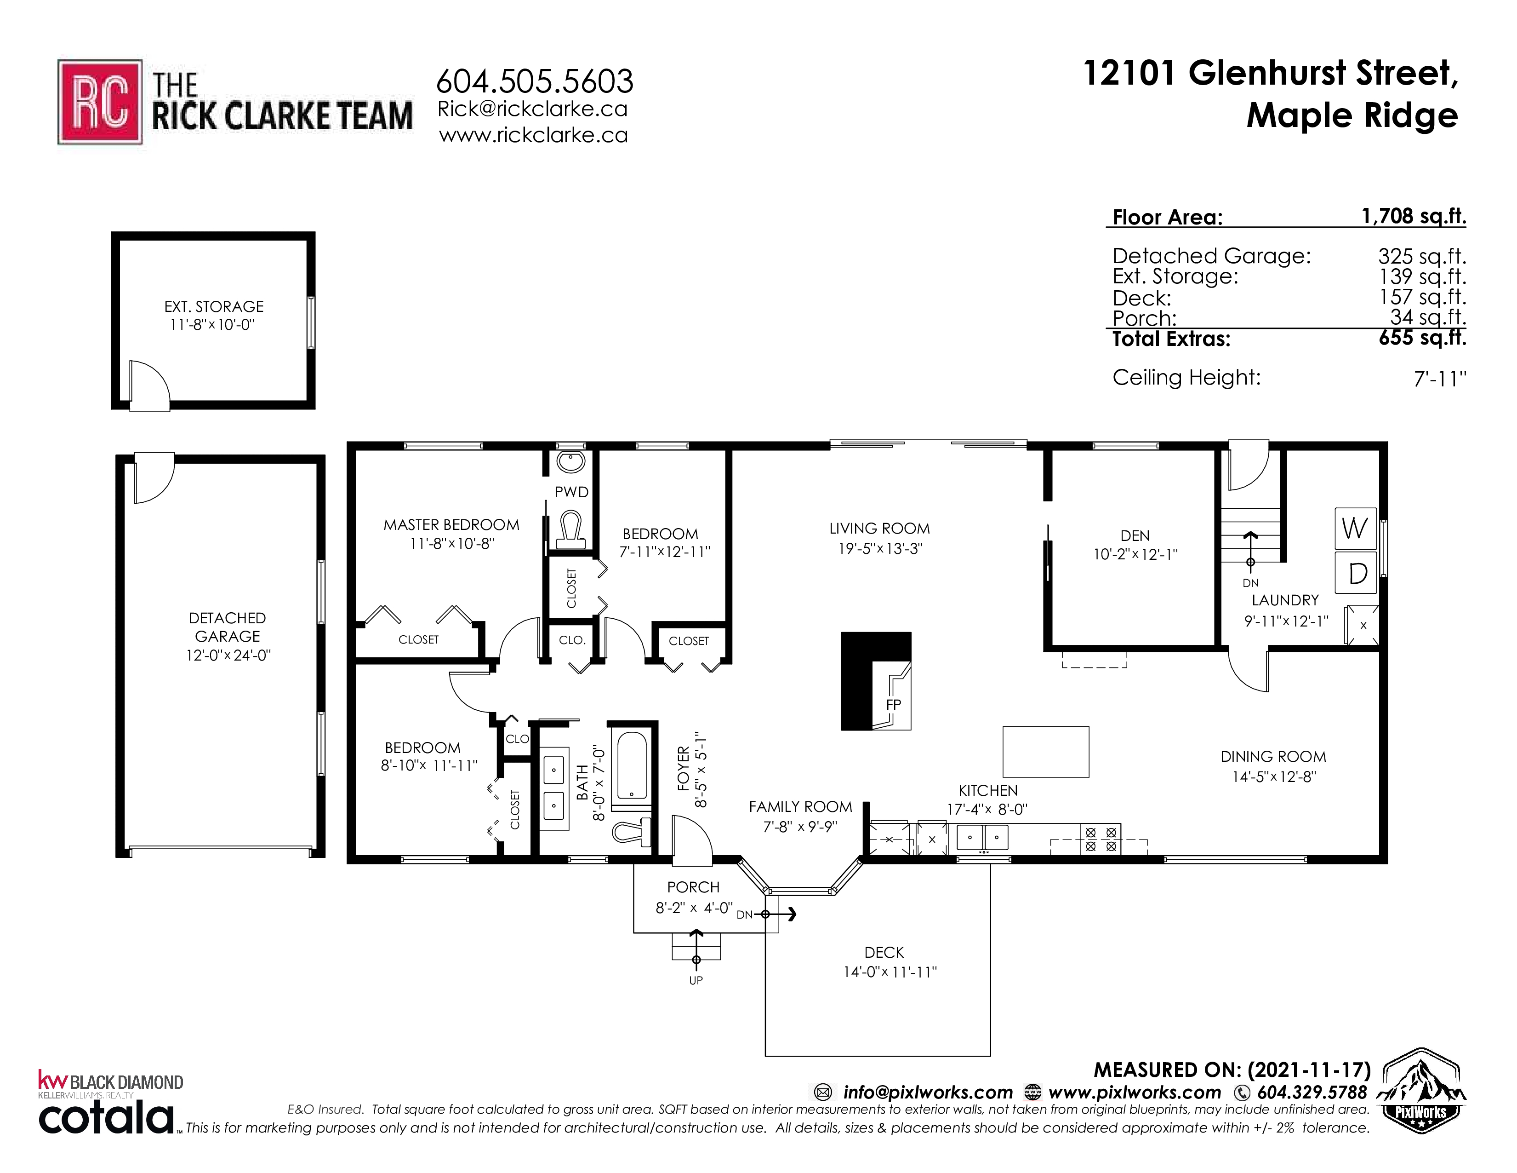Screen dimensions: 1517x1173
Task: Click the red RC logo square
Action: tap(100, 102)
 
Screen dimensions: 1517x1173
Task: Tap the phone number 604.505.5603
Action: tap(534, 81)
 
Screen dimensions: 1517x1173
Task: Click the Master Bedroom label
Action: tap(451, 525)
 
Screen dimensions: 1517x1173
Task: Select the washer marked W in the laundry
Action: tap(1355, 528)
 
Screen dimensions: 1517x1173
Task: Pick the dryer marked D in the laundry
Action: tap(1355, 573)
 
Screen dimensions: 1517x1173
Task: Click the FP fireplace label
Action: tap(893, 705)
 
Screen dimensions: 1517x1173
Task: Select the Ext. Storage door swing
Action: tap(150, 385)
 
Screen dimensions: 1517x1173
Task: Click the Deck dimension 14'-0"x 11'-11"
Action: tap(890, 972)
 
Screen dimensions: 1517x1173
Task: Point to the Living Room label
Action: tap(879, 528)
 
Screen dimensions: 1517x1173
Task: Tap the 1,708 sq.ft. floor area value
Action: tap(1414, 216)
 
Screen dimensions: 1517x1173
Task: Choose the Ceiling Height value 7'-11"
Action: tap(1440, 379)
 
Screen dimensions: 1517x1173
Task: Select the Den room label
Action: tap(1135, 536)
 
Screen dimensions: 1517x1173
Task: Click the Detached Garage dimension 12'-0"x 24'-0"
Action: tap(228, 655)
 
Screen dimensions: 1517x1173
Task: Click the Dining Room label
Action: tap(1273, 757)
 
